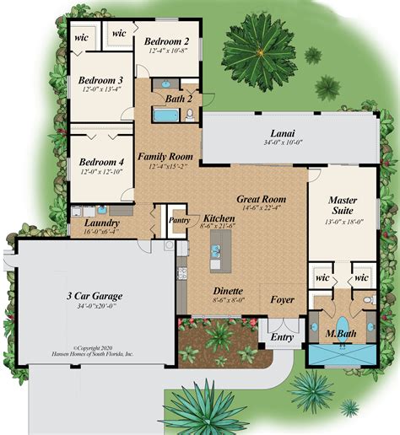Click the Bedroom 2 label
pyautogui.click(x=165, y=41)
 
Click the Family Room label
pyautogui.click(x=165, y=157)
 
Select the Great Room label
pyautogui.click(x=261, y=200)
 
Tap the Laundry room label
pyautogui.click(x=100, y=224)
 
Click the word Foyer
pyautogui.click(x=282, y=299)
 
